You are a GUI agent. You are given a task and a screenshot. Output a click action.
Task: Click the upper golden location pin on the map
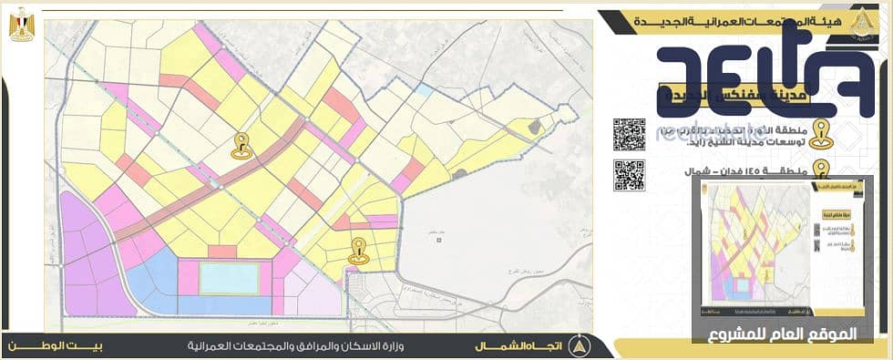(241, 144)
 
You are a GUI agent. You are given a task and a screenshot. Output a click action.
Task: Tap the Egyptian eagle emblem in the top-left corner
(22, 24)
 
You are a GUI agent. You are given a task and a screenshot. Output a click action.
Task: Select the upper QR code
(629, 134)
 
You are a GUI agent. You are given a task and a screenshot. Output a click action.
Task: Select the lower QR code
(629, 175)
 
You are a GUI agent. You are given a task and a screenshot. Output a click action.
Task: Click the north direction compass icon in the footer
(577, 346)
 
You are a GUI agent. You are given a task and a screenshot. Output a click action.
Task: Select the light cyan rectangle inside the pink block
(230, 278)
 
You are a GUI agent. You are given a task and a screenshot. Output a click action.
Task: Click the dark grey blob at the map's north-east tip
(536, 129)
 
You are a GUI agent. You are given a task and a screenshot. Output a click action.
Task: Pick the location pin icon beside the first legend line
(821, 134)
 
